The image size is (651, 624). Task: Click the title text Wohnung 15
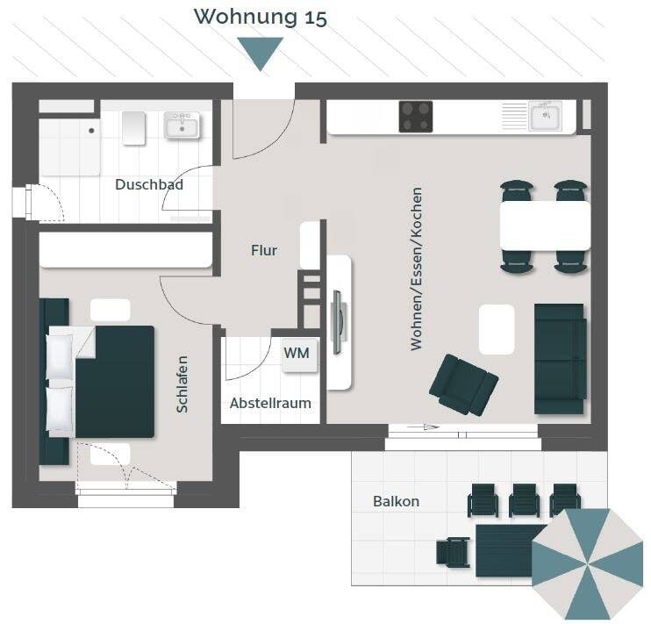pos(261,17)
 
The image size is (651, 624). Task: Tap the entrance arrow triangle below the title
pos(261,52)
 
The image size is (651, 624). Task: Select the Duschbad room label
pos(149,185)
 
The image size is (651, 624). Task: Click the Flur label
pos(264,251)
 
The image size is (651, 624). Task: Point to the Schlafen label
pos(182,384)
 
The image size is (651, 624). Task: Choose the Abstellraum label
pos(270,404)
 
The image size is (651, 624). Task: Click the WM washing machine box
pos(297,354)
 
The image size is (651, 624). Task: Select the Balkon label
pos(396,502)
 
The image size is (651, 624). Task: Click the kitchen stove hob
pos(416,117)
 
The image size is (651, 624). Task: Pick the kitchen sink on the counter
pos(546,116)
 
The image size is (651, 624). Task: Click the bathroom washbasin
pos(182,126)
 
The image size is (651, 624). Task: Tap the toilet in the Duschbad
pos(133,128)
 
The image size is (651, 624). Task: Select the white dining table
pos(545,226)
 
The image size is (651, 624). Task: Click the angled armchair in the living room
pos(462,384)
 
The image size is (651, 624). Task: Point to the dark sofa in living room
pos(560,358)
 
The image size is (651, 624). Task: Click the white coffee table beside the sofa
pos(497,329)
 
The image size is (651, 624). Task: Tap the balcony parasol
pos(588,563)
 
